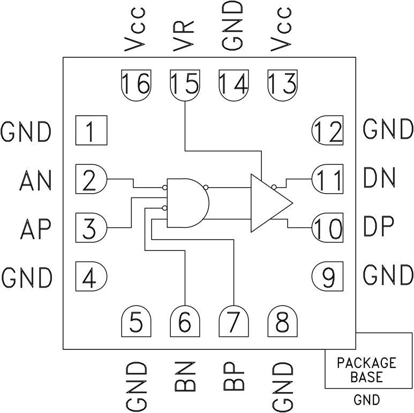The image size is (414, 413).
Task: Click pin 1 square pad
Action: point(91,131)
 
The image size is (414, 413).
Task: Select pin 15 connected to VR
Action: point(184,85)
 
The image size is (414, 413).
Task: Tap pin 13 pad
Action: point(282,84)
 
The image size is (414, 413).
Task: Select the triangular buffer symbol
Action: point(268,202)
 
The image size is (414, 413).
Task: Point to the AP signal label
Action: point(35,229)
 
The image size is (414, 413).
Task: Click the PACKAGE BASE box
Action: point(366,369)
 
